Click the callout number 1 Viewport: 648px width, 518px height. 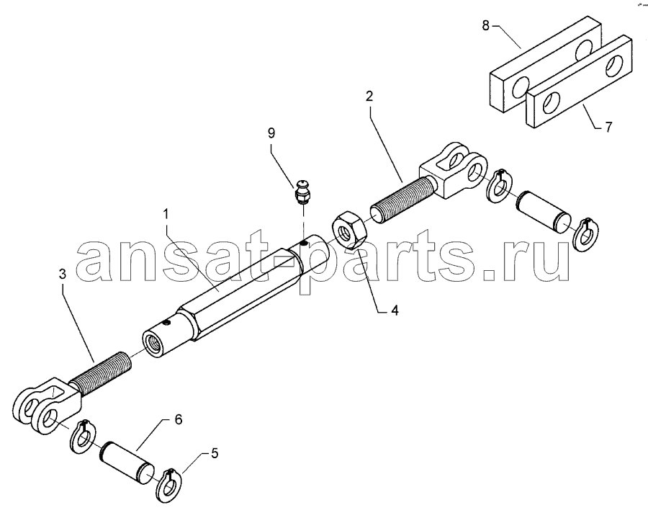coord(166,215)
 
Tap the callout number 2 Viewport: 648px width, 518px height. coord(369,97)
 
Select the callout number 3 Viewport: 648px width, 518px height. coord(62,274)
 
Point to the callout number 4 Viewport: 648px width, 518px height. coord(395,310)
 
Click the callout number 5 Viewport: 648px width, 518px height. coord(214,453)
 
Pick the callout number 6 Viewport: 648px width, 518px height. coord(178,419)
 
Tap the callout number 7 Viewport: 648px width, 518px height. coord(608,127)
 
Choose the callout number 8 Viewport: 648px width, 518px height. coord(485,25)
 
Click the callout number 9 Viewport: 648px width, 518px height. coord(271,133)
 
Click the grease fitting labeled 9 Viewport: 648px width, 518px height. coord(303,192)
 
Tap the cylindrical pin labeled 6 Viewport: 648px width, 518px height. coord(127,463)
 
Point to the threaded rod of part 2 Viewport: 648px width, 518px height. coord(402,198)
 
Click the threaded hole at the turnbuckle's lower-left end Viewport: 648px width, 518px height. coord(152,342)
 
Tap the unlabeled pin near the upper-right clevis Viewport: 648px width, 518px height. coord(543,212)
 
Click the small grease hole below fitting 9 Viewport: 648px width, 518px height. coord(303,244)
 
